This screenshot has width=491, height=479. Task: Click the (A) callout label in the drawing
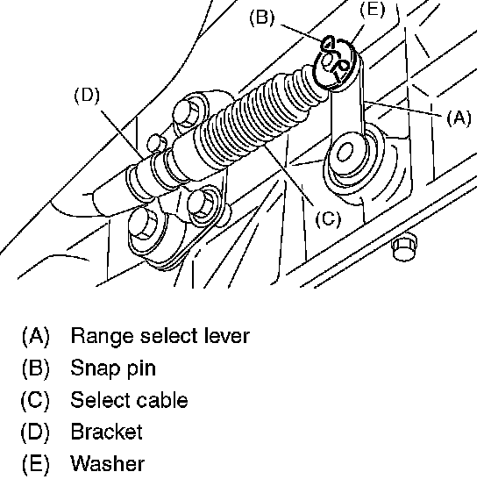tap(459, 118)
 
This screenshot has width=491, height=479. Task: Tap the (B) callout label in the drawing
tap(261, 18)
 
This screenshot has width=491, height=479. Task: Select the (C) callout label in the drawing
tap(328, 218)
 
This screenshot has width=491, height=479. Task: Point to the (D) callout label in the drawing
tap(87, 95)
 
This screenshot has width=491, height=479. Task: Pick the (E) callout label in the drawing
tap(372, 9)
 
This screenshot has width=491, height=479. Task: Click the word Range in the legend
tap(102, 336)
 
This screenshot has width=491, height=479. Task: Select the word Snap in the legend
tap(96, 368)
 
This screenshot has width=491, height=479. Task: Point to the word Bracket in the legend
tap(106, 432)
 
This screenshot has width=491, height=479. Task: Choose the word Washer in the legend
tap(107, 463)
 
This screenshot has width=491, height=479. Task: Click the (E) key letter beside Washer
tap(35, 464)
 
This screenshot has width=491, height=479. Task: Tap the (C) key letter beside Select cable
tap(35, 400)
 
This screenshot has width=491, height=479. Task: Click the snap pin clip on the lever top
tap(336, 60)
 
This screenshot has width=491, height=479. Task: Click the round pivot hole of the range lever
tap(345, 152)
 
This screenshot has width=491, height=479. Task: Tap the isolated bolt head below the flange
tap(404, 247)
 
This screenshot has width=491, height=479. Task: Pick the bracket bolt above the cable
tap(188, 113)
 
